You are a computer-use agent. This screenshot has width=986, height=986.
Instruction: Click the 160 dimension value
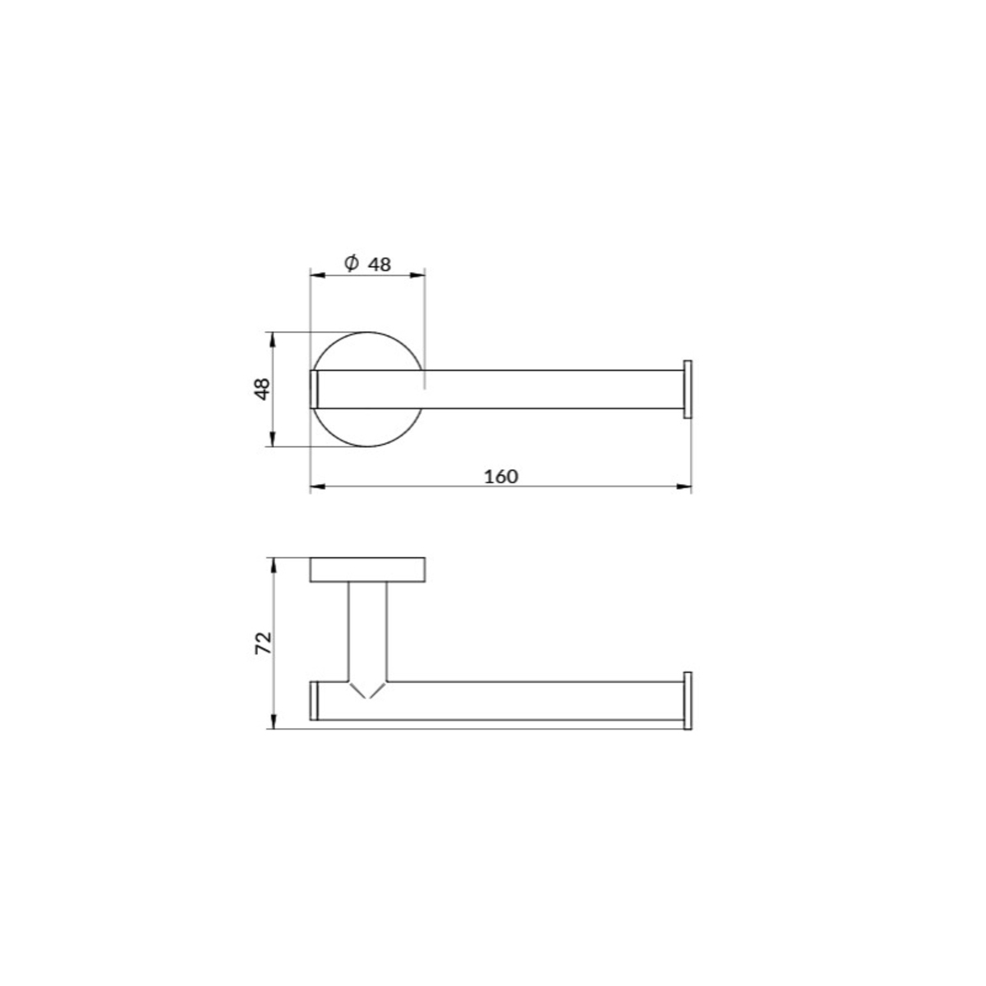(500, 477)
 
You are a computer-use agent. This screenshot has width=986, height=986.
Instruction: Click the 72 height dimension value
(263, 643)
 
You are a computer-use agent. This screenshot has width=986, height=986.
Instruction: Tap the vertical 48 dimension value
(262, 389)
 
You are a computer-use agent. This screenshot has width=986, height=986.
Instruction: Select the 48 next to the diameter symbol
(379, 265)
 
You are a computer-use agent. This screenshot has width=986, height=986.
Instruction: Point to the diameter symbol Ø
(351, 263)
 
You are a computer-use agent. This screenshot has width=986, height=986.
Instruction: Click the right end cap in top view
(688, 389)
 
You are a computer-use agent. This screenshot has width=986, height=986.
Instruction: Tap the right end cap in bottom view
(688, 701)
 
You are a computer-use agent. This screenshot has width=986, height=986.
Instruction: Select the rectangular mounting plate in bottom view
(367, 569)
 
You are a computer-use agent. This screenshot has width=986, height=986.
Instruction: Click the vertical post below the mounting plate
(367, 632)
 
